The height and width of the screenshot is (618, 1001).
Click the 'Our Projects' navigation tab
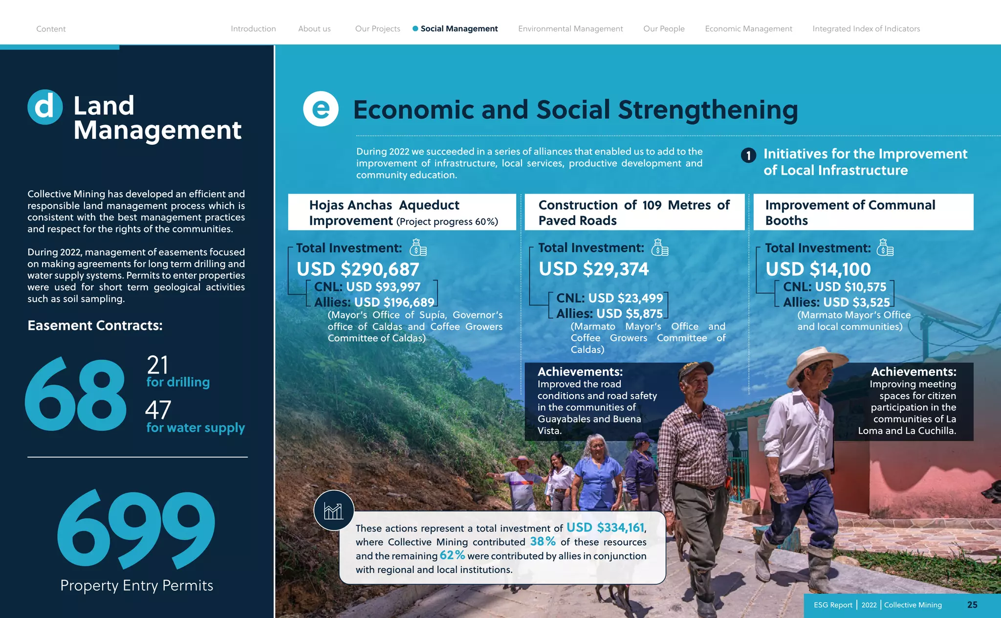point(377,29)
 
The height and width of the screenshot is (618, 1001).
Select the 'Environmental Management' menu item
point(570,29)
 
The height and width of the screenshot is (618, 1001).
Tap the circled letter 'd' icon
point(45,107)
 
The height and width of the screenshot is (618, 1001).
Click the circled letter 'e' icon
point(321,109)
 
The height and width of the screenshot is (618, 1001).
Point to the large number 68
point(76,395)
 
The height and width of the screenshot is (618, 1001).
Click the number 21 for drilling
point(157,365)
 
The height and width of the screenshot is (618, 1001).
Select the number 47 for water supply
point(158,410)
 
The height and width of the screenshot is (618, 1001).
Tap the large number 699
point(136,530)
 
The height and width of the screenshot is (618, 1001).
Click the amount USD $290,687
point(358,269)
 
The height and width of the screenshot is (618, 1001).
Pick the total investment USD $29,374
point(593,269)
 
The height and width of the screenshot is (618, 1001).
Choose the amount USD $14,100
point(818,269)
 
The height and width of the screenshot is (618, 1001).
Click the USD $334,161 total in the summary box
point(606,528)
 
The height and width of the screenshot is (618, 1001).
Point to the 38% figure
point(543,541)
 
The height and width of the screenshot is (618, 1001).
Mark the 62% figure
point(452,555)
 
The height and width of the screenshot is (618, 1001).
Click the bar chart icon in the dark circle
point(334,511)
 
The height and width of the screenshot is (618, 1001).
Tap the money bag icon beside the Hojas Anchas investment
point(418,247)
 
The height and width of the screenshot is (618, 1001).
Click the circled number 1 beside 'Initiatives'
point(748,155)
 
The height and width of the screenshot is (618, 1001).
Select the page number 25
point(972,605)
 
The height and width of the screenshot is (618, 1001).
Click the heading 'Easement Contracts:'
point(95,326)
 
